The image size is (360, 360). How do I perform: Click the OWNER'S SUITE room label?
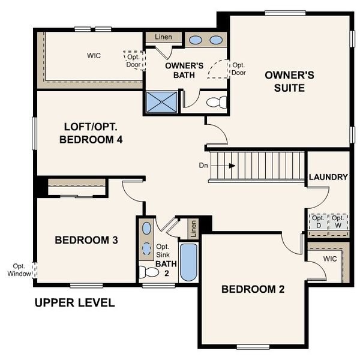click(x=289, y=82)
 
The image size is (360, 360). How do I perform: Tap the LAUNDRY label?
click(x=328, y=177)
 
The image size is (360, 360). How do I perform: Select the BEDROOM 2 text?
click(x=253, y=289)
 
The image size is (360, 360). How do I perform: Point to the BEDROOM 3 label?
click(x=86, y=240)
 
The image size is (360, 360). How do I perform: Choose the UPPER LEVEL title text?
click(x=74, y=302)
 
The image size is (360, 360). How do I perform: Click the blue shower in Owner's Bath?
click(x=162, y=103)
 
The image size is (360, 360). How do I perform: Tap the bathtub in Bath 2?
click(x=188, y=262)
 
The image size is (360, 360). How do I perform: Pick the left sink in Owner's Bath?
click(x=196, y=40)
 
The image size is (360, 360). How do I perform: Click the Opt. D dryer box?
click(x=317, y=221)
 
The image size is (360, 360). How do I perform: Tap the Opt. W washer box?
click(x=338, y=221)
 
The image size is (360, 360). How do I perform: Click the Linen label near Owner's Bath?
click(x=163, y=37)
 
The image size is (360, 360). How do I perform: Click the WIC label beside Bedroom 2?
click(x=329, y=259)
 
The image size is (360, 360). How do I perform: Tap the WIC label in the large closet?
click(x=93, y=56)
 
